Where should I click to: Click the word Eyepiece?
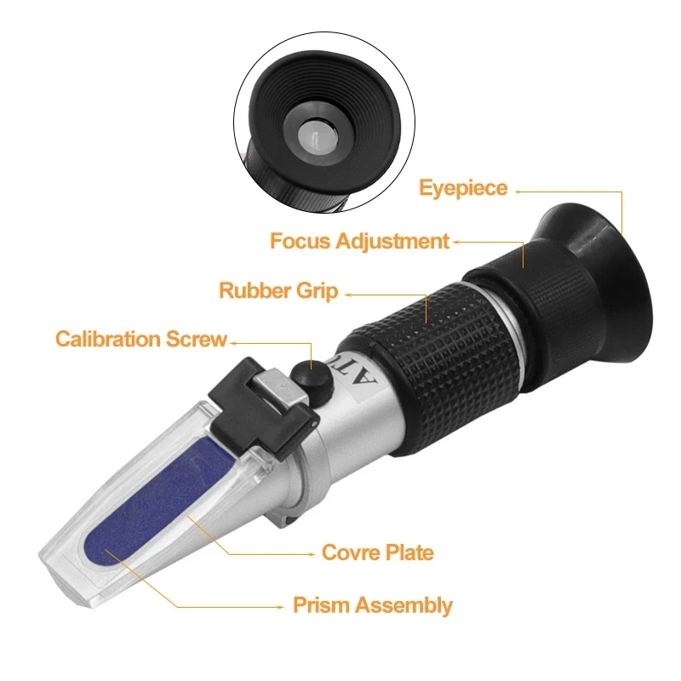[x=463, y=188]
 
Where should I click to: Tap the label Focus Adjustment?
[x=359, y=241]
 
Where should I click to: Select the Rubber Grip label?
[x=278, y=291]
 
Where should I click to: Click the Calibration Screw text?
[x=141, y=340]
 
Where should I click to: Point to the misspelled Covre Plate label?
[x=377, y=552]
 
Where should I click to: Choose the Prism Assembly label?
[x=373, y=606]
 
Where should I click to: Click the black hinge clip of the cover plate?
[x=255, y=396]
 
